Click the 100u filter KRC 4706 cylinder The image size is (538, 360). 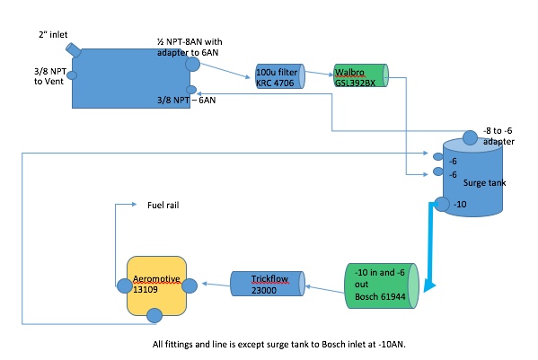pyautogui.click(x=280, y=76)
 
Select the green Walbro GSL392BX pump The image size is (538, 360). pyautogui.click(x=361, y=75)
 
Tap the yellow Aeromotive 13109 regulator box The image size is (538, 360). pyautogui.click(x=157, y=285)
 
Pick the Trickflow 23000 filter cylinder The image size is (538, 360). pyautogui.click(x=268, y=284)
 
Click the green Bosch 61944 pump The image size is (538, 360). pyautogui.click(x=382, y=285)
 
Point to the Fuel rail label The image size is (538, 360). pyautogui.click(x=163, y=205)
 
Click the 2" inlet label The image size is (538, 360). pyautogui.click(x=53, y=35)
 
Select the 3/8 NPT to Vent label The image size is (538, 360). pyautogui.click(x=49, y=76)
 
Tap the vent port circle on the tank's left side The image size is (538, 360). pyautogui.click(x=72, y=75)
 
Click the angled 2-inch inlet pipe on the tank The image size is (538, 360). pyautogui.click(x=74, y=50)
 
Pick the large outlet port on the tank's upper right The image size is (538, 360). pyautogui.click(x=192, y=64)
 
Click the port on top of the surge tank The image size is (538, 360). pyautogui.click(x=470, y=137)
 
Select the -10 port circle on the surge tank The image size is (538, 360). pyautogui.click(x=442, y=205)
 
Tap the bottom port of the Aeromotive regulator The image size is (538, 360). pyautogui.click(x=154, y=316)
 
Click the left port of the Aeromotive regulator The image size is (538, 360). pyautogui.click(x=124, y=286)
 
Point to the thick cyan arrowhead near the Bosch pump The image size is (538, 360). pyautogui.click(x=429, y=285)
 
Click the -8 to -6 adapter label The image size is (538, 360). pyautogui.click(x=498, y=136)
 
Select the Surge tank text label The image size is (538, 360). pyautogui.click(x=484, y=183)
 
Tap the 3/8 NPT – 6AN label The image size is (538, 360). pyautogui.click(x=186, y=101)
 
